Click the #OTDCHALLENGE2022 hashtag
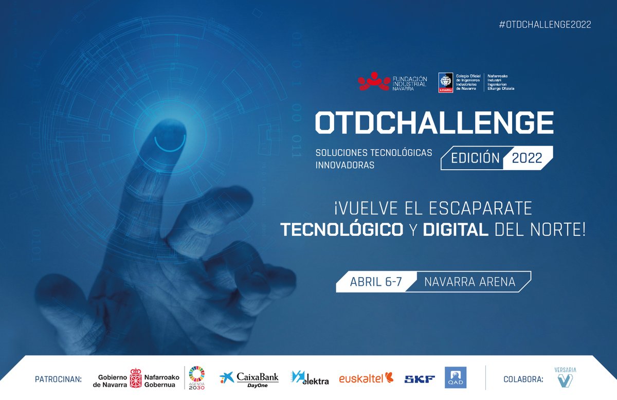tap(545, 25)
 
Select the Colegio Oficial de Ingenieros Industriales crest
tap(445, 82)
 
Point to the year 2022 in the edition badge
tap(527, 158)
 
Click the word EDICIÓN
tap(475, 158)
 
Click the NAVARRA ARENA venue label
tap(469, 282)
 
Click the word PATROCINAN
tap(59, 379)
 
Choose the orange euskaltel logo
tap(366, 378)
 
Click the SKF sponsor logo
tap(420, 379)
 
